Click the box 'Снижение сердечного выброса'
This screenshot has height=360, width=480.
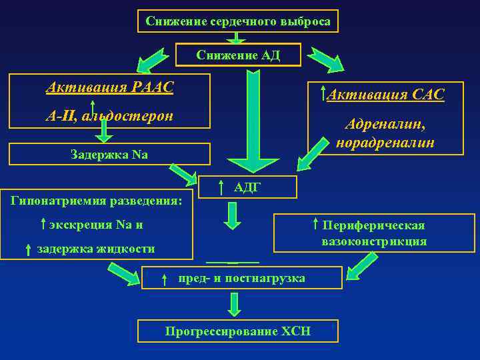point(238,21)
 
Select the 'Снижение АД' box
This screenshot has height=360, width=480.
point(238,55)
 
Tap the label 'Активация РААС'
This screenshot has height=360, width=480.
point(109,87)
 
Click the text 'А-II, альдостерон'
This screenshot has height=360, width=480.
point(109,116)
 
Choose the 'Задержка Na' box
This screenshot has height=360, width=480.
point(109,155)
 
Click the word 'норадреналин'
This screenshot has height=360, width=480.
point(385,142)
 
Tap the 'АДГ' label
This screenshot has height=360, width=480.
point(246,188)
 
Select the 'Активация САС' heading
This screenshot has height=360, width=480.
point(385,95)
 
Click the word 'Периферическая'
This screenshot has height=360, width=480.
point(373,225)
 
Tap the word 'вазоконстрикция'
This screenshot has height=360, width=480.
point(373,241)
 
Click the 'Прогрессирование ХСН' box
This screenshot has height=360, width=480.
point(237,331)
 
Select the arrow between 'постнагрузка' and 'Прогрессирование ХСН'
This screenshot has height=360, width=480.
point(234,305)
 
